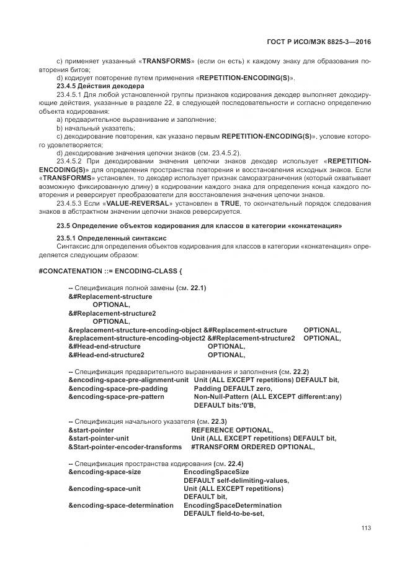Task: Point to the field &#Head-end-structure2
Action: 106,355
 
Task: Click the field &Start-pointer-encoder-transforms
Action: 125,447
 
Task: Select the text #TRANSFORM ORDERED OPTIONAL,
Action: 252,447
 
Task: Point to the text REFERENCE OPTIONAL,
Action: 231,430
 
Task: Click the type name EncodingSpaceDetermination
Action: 232,505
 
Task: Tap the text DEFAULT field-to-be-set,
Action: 224,514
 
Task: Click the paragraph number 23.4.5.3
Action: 72,203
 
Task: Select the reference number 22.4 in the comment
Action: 236,464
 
